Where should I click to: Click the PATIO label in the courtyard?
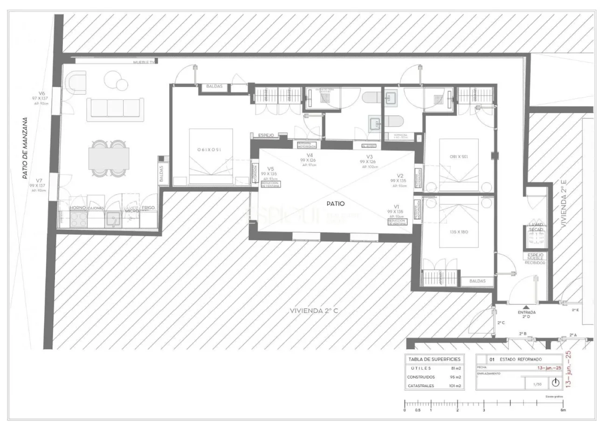point(336,204)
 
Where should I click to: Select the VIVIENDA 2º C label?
point(313,311)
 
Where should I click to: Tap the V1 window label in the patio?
point(397,206)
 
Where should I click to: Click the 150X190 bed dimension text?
point(210,149)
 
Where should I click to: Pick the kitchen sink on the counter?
point(112,219)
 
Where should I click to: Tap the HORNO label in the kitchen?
point(77,208)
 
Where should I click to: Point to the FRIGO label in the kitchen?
point(148,208)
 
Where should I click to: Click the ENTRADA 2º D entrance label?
point(526,314)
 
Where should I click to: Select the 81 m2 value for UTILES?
point(456,368)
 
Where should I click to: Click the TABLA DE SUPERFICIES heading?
point(434,359)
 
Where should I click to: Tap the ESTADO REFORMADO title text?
point(521,360)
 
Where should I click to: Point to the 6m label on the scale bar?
point(563,410)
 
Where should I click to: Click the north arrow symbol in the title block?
point(555,383)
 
